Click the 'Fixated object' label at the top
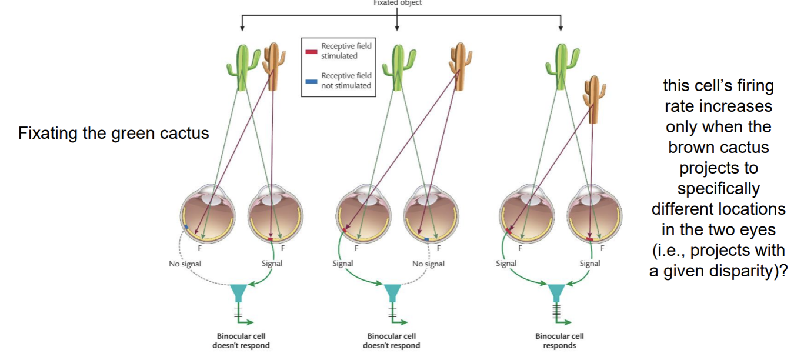(398, 3)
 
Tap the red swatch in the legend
(311, 52)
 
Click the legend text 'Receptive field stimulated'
(346, 51)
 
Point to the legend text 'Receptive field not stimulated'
(346, 81)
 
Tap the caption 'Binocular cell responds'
(559, 341)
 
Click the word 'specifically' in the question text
(718, 189)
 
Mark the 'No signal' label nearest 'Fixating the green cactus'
(185, 264)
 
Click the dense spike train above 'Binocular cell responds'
(556, 312)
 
